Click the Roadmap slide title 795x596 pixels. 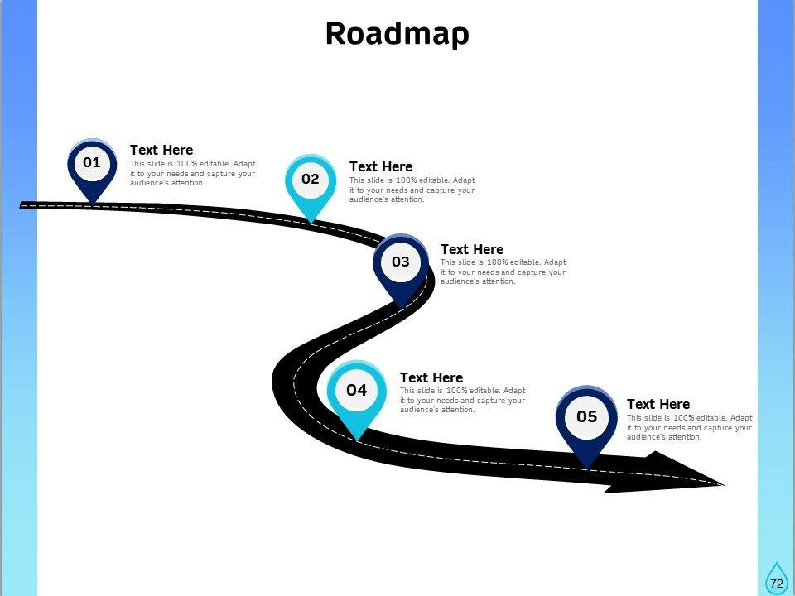[397, 33]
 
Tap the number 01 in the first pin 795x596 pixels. [91, 162]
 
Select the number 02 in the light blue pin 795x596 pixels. [311, 179]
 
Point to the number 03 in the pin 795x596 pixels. [401, 262]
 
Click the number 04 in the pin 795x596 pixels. [356, 390]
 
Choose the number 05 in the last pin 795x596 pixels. [586, 416]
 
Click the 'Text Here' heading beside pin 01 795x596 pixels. [161, 150]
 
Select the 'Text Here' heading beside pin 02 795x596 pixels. [381, 166]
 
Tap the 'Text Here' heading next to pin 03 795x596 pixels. [472, 249]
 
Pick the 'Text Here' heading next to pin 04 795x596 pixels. [431, 377]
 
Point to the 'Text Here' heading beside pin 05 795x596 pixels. [658, 404]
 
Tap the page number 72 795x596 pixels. [776, 584]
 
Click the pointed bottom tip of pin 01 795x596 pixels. [92, 201]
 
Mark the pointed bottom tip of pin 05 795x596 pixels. [587, 465]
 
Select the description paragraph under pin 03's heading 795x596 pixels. [503, 272]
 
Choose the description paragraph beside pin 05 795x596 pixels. [689, 427]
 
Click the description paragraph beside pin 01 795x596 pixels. [192, 173]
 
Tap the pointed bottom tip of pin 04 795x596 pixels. [357, 436]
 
